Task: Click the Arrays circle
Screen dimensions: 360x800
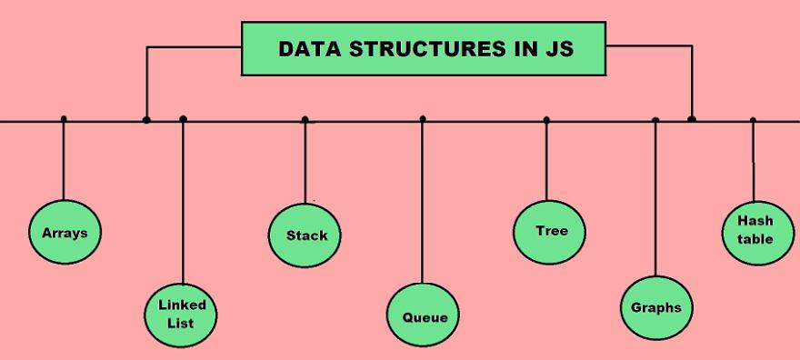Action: click(64, 232)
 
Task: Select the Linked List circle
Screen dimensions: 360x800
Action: click(183, 314)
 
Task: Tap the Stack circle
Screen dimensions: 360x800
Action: click(305, 235)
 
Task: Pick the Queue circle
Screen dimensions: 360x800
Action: click(424, 316)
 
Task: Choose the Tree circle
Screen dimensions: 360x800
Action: click(550, 231)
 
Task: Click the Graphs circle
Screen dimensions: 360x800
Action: click(655, 307)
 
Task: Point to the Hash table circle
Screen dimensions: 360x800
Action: click(755, 231)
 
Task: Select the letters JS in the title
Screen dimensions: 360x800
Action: click(560, 48)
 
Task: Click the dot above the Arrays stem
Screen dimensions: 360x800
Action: click(63, 119)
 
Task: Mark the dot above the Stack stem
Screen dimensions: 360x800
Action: click(305, 119)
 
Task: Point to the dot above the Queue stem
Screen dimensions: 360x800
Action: click(423, 119)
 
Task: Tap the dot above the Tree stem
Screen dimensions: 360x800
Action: click(546, 119)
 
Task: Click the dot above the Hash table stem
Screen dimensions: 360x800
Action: click(753, 120)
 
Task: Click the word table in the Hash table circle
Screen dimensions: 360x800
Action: click(755, 239)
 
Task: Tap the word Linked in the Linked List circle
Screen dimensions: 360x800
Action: click(183, 305)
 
